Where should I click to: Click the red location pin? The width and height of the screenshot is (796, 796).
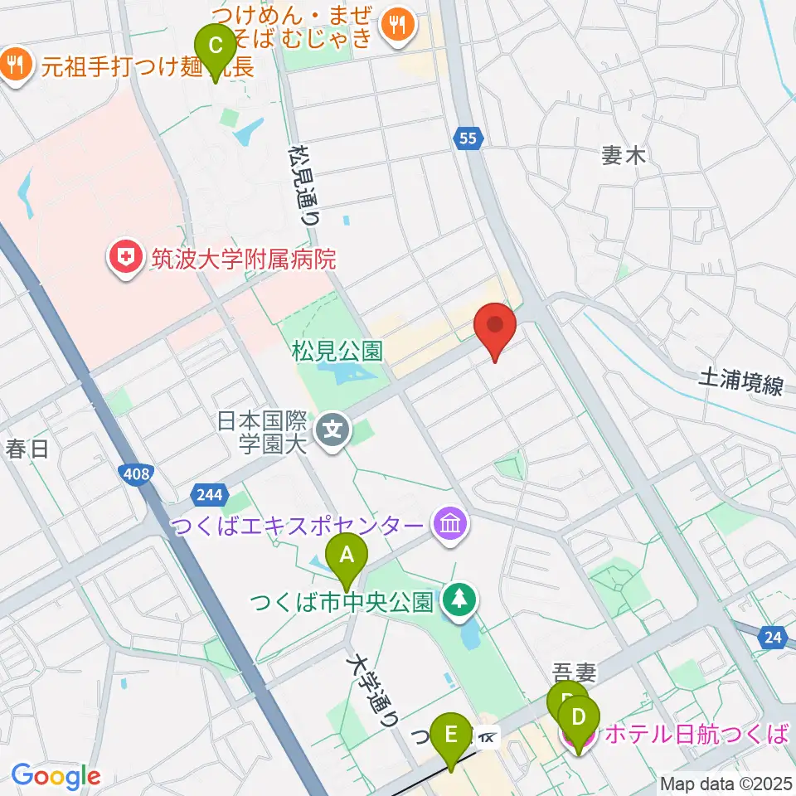495,327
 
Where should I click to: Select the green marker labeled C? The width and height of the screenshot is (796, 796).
215,47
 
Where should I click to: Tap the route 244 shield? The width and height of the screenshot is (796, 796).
210,495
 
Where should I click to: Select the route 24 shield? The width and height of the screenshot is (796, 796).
772,638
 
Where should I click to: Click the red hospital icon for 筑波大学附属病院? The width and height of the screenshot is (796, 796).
124,260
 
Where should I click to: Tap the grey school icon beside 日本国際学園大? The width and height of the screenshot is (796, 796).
333,430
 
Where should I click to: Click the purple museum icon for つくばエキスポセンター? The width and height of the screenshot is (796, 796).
450,525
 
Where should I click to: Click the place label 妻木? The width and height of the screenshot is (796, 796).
623,155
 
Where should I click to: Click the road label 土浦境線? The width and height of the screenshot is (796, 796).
740,382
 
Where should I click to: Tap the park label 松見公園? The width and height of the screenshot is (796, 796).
337,352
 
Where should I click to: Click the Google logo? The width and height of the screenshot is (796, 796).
56,776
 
